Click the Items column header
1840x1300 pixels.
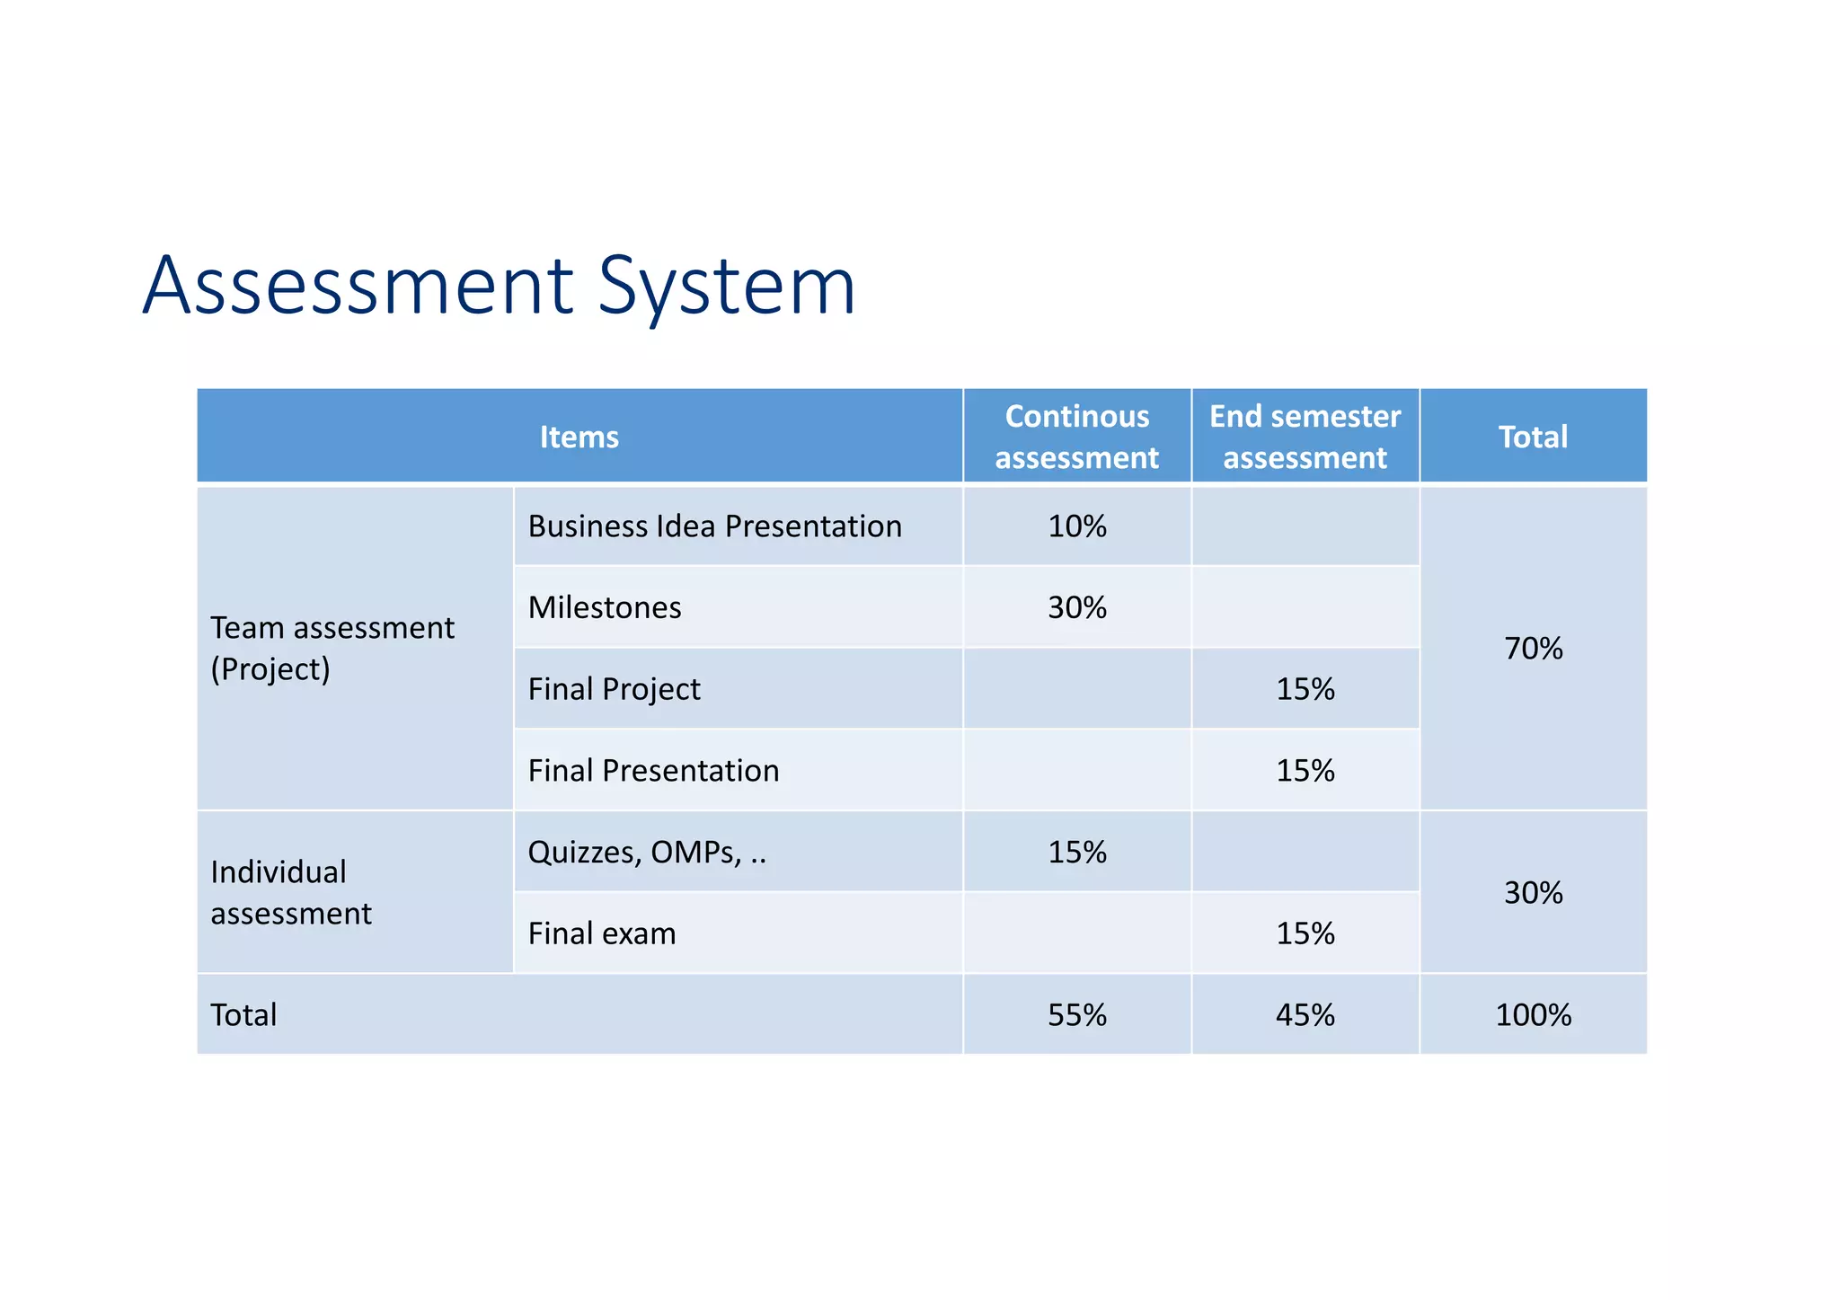[x=579, y=438]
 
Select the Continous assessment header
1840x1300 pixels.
[x=1076, y=438]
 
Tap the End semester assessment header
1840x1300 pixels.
[x=1305, y=438]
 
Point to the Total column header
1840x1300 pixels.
[x=1533, y=438]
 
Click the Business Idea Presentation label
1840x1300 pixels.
[x=714, y=526]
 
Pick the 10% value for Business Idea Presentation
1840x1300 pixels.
[x=1076, y=526]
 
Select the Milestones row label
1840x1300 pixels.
[x=605, y=608]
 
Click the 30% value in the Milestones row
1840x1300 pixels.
[x=1076, y=608]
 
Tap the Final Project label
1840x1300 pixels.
[x=614, y=689]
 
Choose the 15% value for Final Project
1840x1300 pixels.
[x=1305, y=689]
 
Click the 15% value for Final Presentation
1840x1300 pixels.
[x=1305, y=771]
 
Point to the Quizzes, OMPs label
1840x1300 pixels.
[x=647, y=853]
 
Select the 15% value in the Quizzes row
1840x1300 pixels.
[x=1076, y=853]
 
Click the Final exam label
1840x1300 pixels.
[x=602, y=933]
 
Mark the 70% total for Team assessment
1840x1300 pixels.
[x=1533, y=649]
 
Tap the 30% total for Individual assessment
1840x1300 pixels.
[x=1533, y=893]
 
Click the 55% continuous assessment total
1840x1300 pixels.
[x=1076, y=1015]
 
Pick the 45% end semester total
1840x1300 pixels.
[x=1305, y=1015]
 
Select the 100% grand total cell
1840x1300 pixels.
[x=1533, y=1015]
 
